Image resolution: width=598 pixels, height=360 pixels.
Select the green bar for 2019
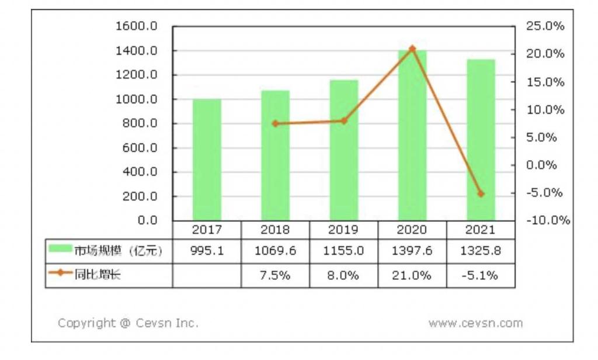click(344, 150)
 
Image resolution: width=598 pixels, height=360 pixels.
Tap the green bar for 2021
click(481, 140)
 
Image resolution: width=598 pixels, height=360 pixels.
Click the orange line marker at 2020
click(412, 49)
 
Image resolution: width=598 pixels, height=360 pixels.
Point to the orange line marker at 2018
click(275, 123)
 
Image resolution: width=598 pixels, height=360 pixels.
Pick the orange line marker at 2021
click(481, 193)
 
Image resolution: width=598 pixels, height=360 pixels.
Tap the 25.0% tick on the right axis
click(545, 26)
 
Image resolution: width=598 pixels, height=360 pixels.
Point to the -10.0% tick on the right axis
click(548, 220)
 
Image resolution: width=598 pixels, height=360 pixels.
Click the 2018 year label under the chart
click(275, 230)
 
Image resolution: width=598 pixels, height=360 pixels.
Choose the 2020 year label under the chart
click(412, 230)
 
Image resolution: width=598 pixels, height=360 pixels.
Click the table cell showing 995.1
click(207, 251)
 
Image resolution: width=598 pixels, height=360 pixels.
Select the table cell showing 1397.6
click(412, 251)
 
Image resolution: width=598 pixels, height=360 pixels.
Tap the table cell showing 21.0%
click(412, 275)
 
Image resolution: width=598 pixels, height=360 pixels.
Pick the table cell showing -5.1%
click(481, 275)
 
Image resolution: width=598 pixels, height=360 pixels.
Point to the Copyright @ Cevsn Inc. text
click(128, 323)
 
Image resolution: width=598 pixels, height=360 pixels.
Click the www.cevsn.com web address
click(475, 323)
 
